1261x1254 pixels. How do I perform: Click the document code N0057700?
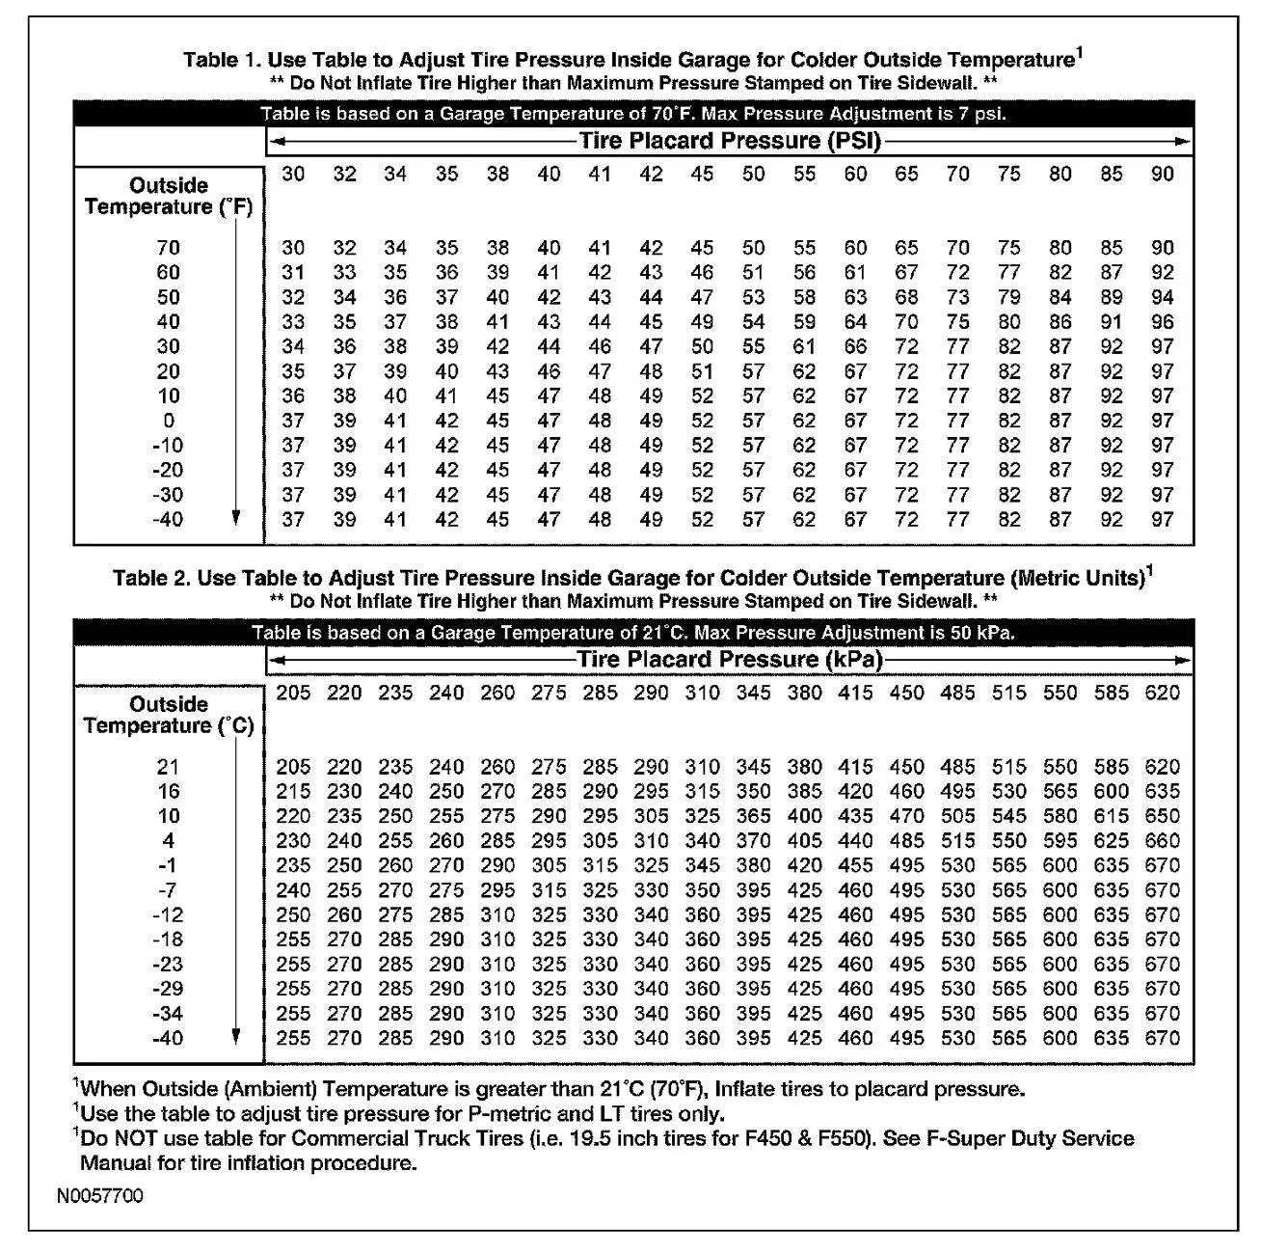pos(99,1196)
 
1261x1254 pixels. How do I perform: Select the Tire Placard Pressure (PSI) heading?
pos(730,141)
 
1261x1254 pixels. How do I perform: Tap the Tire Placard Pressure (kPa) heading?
pos(730,660)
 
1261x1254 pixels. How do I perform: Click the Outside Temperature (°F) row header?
pos(169,196)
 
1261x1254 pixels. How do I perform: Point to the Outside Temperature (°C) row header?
pos(169,715)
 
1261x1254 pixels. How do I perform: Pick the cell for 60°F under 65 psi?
pos(906,273)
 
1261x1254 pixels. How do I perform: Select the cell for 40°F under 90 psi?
pos(1163,322)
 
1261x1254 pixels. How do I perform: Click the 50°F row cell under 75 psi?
pos(1008,297)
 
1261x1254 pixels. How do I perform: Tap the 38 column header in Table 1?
pos(497,174)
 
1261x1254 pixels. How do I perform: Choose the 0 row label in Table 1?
pos(169,421)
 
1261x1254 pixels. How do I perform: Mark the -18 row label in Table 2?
pos(169,940)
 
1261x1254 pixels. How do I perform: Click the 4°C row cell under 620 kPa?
pos(1162,841)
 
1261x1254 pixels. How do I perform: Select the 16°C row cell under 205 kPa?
pos(293,792)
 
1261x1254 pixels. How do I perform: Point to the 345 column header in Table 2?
pos(753,693)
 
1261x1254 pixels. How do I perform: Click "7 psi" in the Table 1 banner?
pos(980,114)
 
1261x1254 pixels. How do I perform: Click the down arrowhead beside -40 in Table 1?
pos(236,518)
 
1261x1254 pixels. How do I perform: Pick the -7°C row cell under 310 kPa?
pos(702,890)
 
